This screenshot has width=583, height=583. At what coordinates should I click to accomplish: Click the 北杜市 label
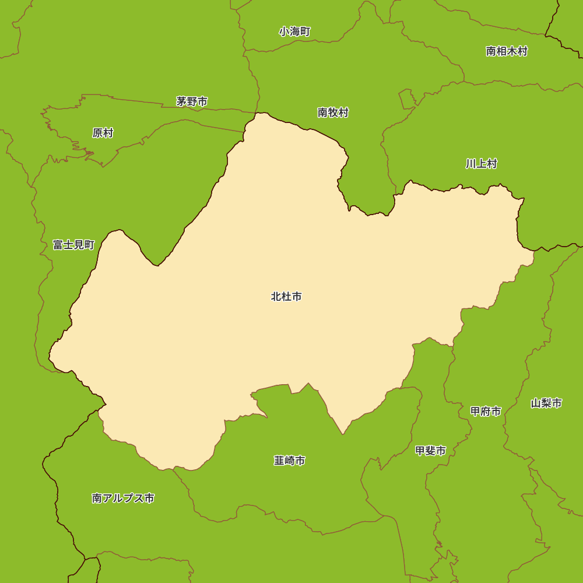tap(286, 297)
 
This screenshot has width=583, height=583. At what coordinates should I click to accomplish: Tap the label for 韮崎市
tap(289, 461)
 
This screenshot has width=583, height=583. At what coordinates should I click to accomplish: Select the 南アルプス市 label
tap(123, 498)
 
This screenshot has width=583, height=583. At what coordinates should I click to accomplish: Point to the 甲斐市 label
tap(430, 451)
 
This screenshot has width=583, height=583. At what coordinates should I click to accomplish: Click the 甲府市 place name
tap(486, 412)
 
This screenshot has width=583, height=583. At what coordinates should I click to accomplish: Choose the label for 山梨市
tap(546, 403)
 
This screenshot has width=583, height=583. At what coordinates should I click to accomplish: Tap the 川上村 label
tap(481, 164)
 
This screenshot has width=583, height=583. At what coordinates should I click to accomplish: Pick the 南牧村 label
tap(333, 113)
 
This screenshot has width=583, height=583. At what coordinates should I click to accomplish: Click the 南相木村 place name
tap(507, 51)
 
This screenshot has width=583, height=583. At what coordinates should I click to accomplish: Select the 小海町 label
tap(294, 31)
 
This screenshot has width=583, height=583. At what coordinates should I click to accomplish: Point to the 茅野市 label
tap(192, 101)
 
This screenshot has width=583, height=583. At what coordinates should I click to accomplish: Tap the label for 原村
tap(103, 133)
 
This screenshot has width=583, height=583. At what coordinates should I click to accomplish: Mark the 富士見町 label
tap(73, 245)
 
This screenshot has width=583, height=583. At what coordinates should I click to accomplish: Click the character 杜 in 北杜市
tap(286, 297)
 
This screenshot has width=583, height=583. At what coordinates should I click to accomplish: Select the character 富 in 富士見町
tap(58, 245)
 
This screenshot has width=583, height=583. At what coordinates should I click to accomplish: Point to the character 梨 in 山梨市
tap(546, 403)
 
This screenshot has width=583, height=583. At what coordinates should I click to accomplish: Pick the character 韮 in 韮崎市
tap(279, 461)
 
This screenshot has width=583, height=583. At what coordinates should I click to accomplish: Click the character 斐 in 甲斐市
tap(430, 451)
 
